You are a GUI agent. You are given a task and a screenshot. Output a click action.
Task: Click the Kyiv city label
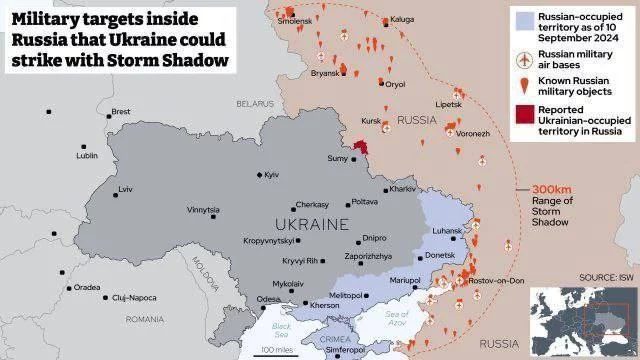(x=271, y=175)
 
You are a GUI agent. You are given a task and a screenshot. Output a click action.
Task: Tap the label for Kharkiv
(x=403, y=189)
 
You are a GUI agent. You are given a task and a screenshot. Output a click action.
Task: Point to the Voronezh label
(x=473, y=132)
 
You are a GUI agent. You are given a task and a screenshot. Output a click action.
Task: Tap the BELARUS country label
(x=255, y=103)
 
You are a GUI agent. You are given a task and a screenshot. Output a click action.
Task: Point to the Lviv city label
(x=125, y=189)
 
